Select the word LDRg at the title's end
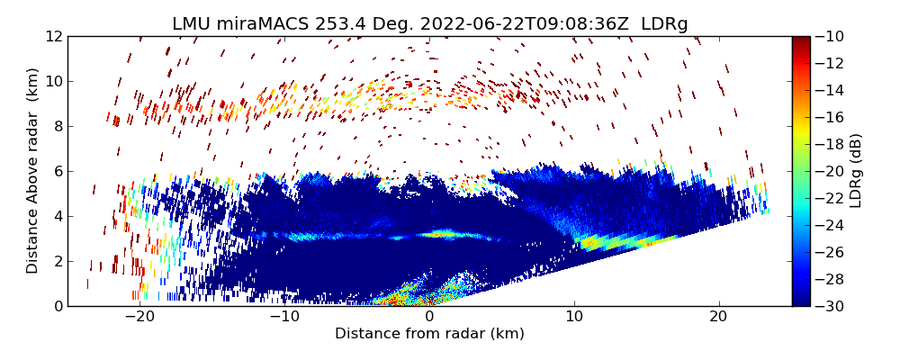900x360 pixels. tap(664, 24)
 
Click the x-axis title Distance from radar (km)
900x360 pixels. tap(429, 334)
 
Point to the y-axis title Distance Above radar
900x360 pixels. tap(33, 171)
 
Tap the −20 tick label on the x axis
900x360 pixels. tap(139, 317)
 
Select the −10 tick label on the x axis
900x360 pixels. tap(283, 317)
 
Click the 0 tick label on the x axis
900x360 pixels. tap(429, 317)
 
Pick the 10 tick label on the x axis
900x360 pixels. tap(574, 317)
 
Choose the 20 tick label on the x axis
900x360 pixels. tap(718, 317)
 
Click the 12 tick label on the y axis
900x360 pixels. tap(53, 36)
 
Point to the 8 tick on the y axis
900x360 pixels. tap(57, 126)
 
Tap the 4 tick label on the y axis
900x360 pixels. tap(57, 216)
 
